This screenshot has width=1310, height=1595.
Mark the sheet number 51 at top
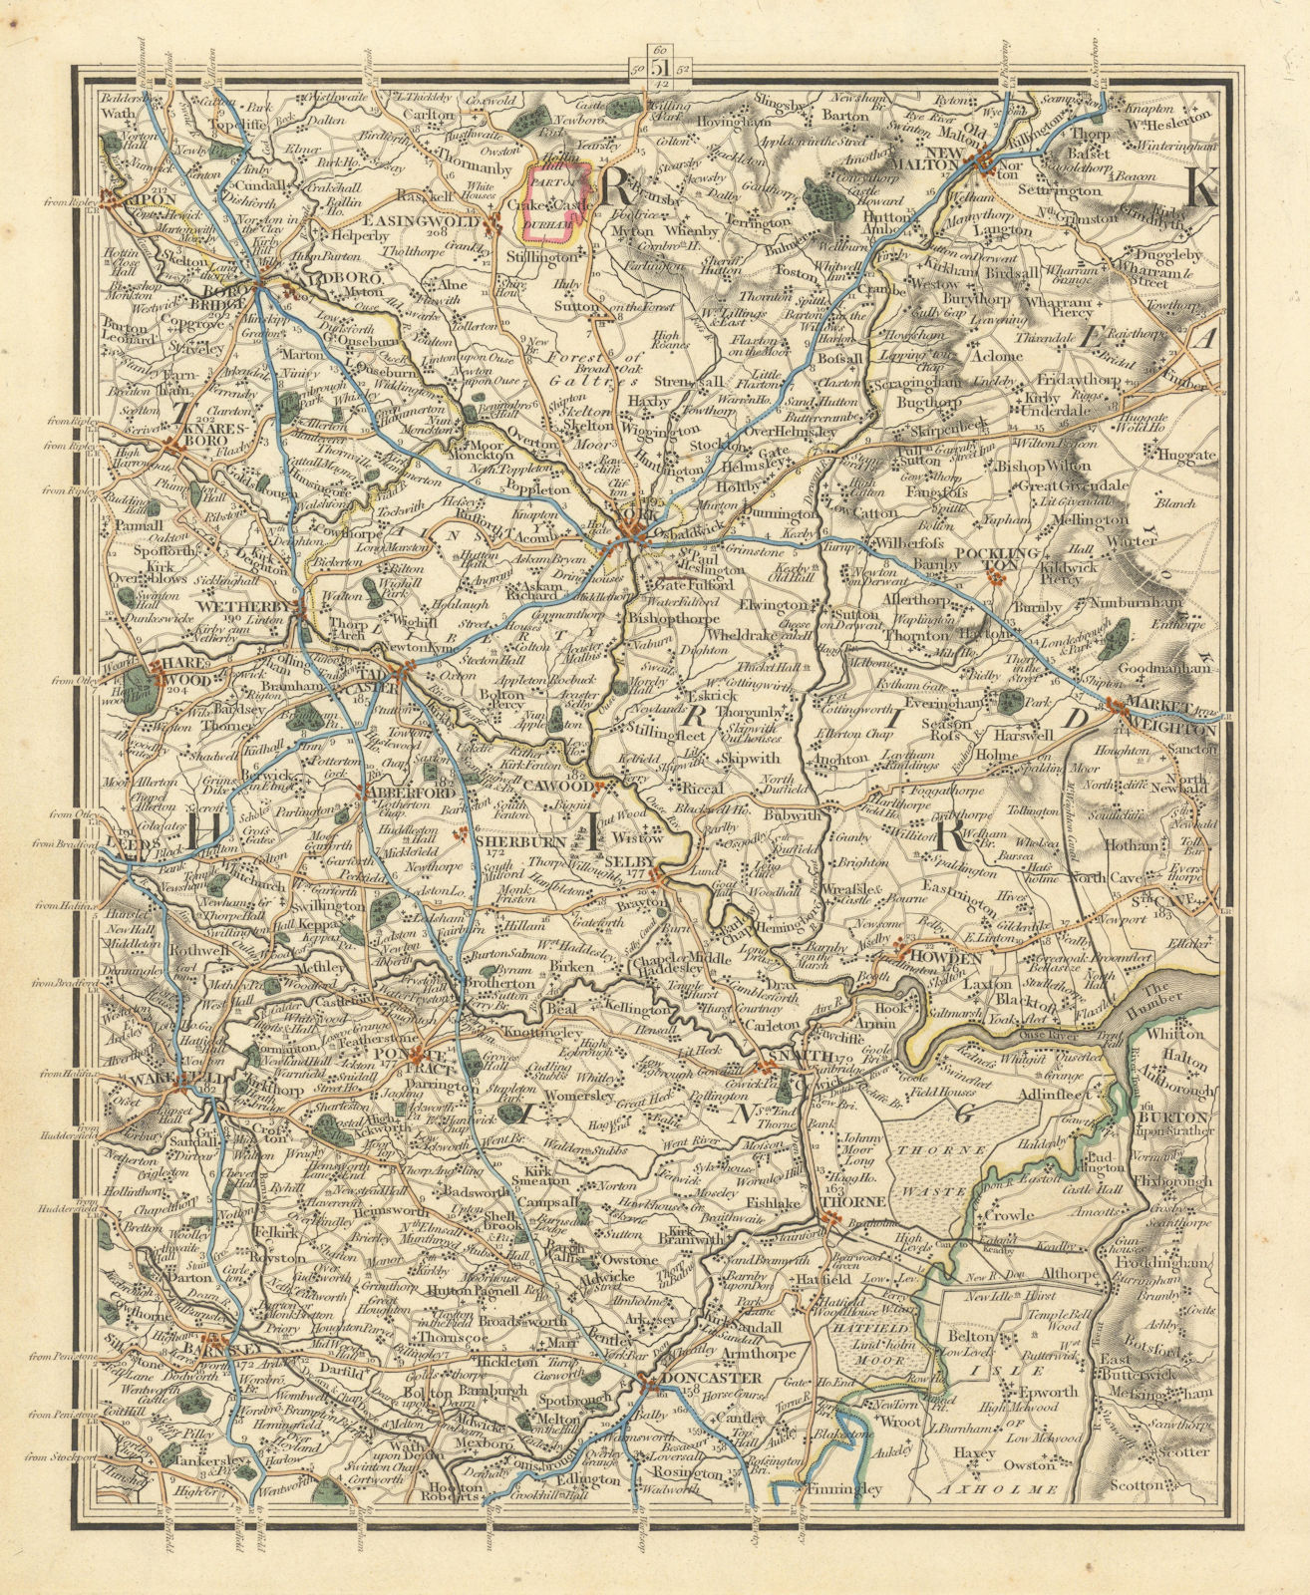click(x=659, y=68)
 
